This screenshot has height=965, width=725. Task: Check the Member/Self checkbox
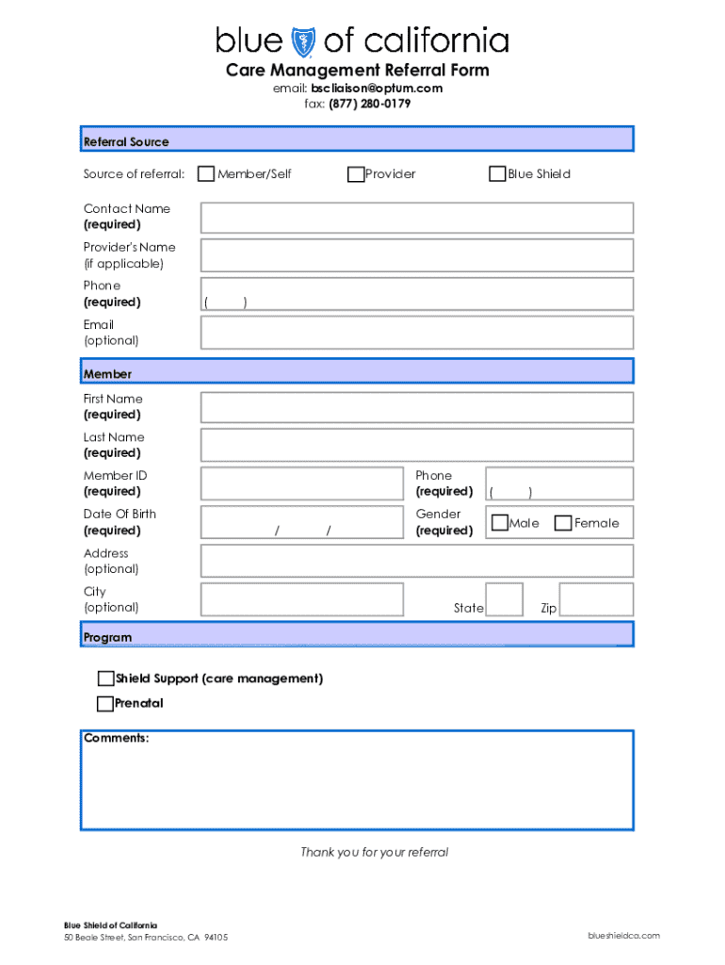(206, 174)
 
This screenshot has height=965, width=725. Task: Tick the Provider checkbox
(356, 174)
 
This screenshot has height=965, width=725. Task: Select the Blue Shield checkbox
(497, 174)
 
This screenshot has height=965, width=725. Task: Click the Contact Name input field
(416, 218)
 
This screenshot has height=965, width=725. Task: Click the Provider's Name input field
(416, 255)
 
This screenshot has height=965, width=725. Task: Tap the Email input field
(416, 333)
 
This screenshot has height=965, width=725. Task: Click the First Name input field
(416, 407)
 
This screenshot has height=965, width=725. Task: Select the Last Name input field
(416, 446)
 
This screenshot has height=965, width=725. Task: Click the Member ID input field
(301, 483)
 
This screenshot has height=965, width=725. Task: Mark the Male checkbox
(500, 523)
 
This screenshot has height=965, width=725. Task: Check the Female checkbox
(563, 523)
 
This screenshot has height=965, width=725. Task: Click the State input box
(504, 600)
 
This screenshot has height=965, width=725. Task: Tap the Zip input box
(596, 600)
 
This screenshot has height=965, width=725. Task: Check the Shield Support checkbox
(105, 679)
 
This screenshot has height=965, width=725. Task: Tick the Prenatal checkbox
(105, 704)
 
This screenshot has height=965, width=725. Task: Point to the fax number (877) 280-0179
(369, 104)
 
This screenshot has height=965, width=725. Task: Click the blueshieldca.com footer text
(623, 936)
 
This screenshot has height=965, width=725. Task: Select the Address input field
(416, 562)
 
